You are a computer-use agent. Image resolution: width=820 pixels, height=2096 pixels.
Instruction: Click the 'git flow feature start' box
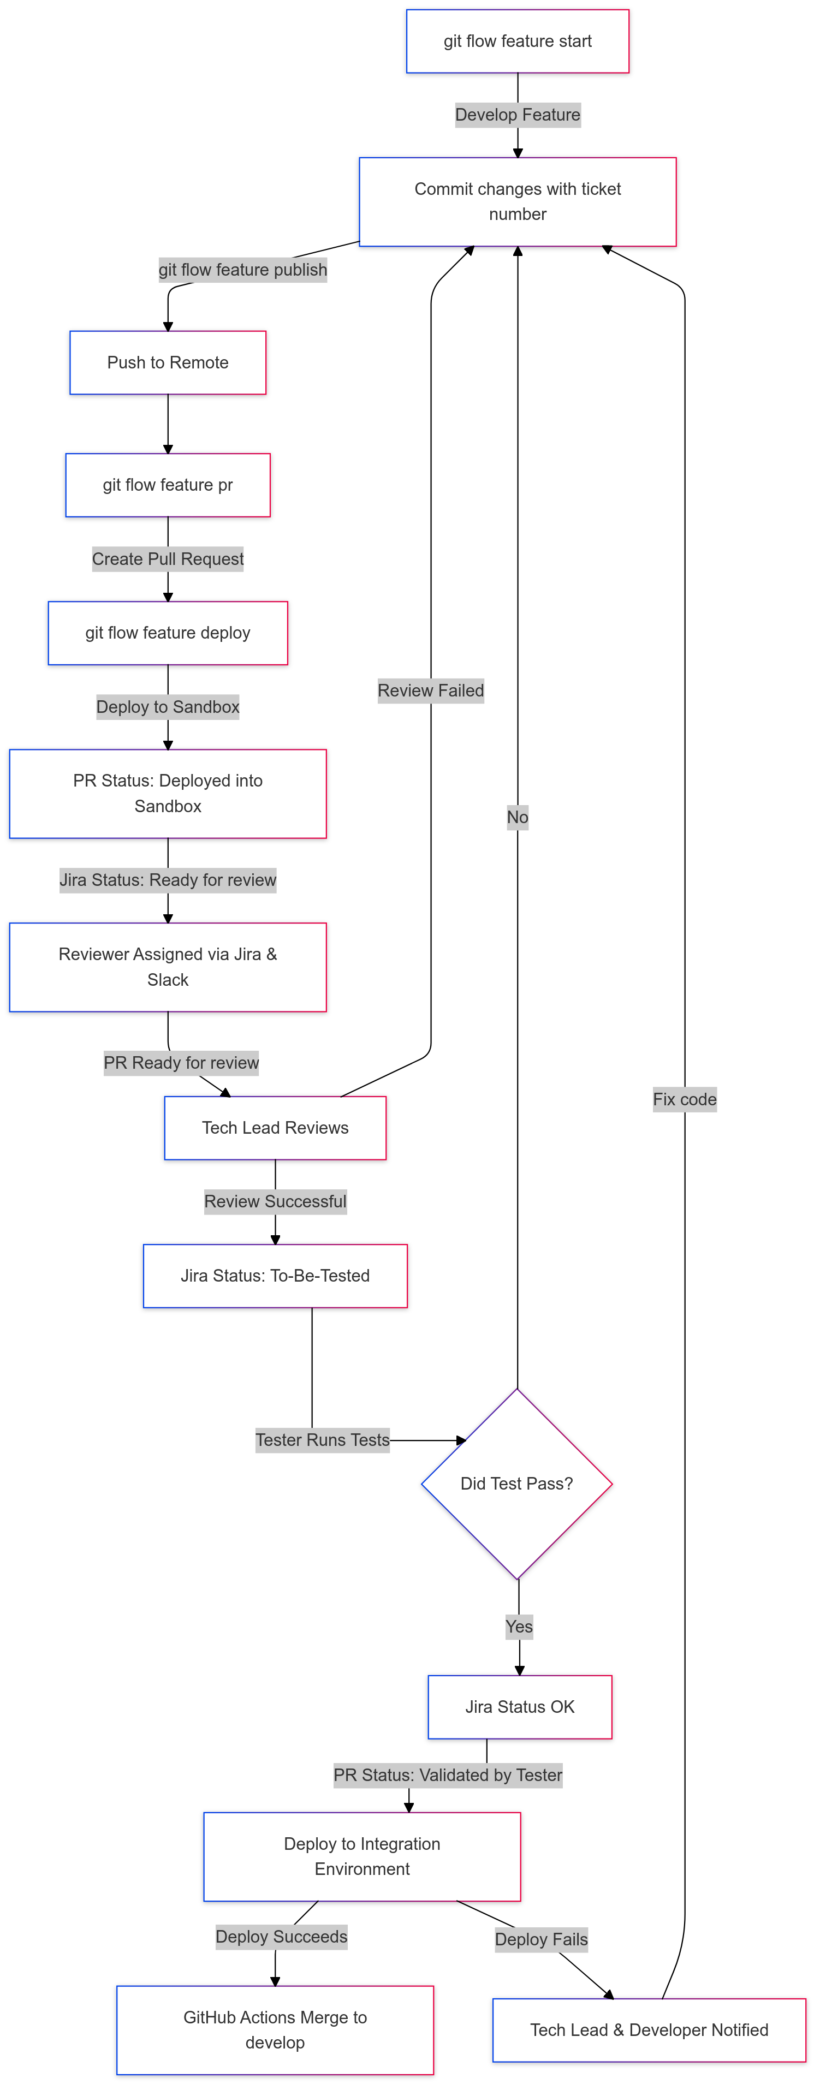point(518,41)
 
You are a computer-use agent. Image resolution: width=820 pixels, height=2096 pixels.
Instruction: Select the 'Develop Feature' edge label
point(518,115)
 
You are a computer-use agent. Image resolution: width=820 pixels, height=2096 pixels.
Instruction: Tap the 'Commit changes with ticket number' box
point(518,202)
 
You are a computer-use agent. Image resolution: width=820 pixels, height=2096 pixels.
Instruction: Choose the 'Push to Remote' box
point(168,363)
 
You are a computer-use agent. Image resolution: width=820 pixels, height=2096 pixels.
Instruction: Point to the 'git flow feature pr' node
point(168,485)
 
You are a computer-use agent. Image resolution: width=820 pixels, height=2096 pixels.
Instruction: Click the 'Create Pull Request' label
point(168,559)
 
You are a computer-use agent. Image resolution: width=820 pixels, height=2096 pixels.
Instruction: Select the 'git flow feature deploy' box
point(168,633)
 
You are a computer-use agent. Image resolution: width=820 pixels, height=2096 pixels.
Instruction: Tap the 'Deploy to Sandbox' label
point(168,707)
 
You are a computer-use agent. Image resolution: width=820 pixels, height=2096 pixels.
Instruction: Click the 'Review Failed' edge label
point(430,691)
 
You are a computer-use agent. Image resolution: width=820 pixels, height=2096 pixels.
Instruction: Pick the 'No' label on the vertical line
point(518,817)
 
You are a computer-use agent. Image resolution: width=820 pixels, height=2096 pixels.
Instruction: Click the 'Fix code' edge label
point(684,1099)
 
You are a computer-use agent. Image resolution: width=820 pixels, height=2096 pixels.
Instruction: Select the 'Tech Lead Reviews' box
point(275,1128)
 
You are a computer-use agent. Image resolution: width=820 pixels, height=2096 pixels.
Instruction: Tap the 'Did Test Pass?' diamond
point(516,1484)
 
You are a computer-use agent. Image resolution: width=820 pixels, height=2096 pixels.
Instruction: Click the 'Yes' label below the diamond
point(519,1627)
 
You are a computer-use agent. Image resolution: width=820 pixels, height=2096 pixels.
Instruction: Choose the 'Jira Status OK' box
point(520,1707)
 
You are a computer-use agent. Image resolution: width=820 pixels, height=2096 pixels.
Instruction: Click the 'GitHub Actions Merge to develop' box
point(275,2029)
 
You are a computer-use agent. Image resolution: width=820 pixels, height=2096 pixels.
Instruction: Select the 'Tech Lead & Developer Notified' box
point(649,2030)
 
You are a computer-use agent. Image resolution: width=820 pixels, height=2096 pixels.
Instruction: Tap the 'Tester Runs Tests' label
point(322,1440)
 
